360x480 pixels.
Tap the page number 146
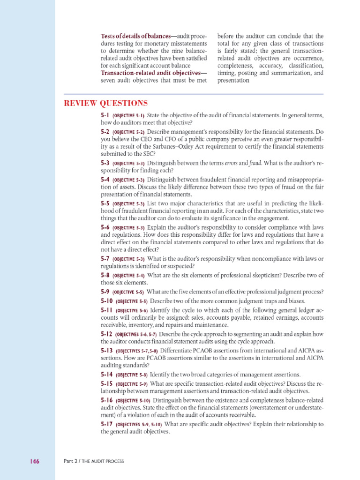click(33, 461)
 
